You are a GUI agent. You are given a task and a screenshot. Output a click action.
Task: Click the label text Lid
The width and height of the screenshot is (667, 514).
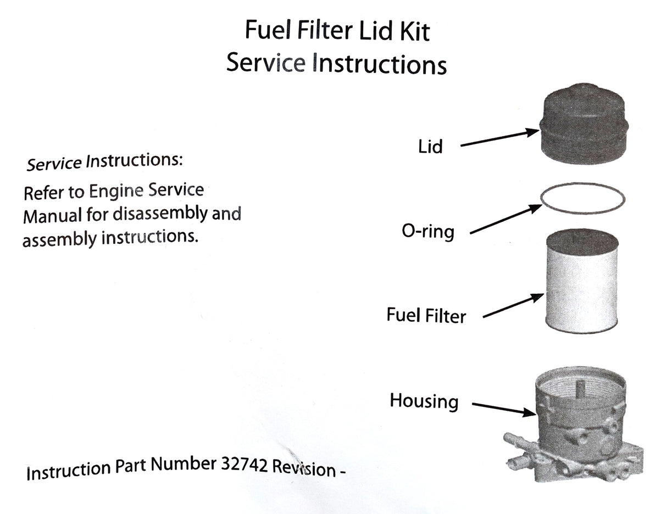[x=430, y=147]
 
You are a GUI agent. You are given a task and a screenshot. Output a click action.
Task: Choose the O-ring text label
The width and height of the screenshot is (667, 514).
[x=429, y=232]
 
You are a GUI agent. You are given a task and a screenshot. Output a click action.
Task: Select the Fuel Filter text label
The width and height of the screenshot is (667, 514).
[x=426, y=316]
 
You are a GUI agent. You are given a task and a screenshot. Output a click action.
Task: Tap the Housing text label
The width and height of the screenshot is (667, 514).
[x=424, y=401]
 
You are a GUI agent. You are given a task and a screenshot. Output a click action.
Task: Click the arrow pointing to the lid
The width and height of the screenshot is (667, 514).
[x=499, y=138]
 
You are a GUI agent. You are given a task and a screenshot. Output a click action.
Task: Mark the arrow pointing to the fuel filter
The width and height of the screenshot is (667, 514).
[x=513, y=306]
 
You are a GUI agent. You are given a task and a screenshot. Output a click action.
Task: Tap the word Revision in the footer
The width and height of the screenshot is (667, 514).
[x=303, y=468]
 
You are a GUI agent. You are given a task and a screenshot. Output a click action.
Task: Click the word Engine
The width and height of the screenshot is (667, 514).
[x=114, y=192]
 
